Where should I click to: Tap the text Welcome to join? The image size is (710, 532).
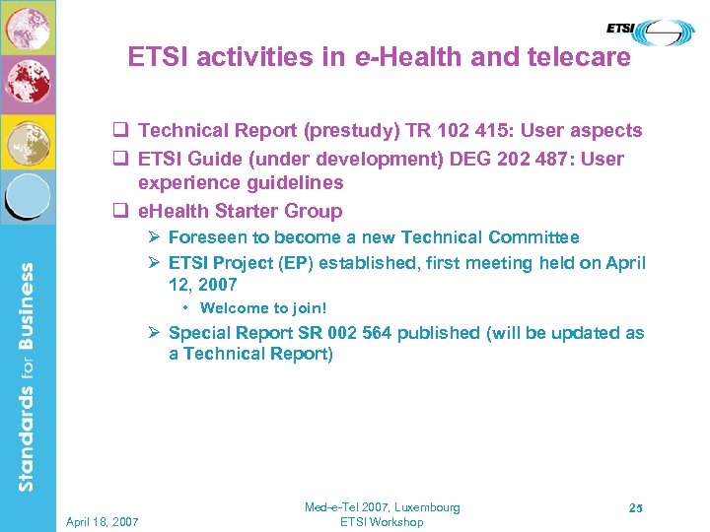[262, 308]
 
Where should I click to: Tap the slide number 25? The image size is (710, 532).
[635, 508]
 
